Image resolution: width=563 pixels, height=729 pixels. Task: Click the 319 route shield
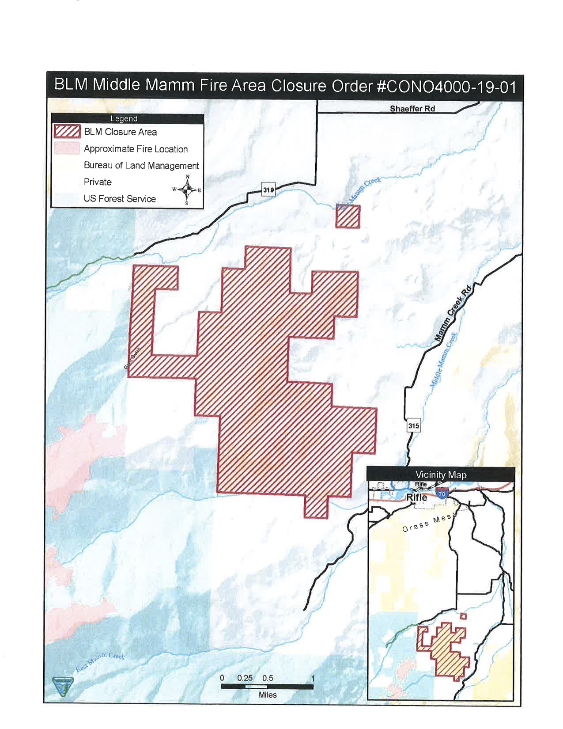coord(268,190)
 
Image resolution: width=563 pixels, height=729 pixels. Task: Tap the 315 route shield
coord(413,426)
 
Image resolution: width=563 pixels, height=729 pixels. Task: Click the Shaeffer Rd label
coord(412,109)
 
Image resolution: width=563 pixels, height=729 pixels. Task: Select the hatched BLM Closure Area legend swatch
coord(67,132)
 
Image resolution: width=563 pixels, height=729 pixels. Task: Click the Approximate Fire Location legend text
coord(136,149)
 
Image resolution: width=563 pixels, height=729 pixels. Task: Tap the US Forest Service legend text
coord(120,199)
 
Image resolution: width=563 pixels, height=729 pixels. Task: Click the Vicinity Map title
coord(440,475)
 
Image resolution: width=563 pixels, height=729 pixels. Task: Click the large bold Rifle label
coord(416,497)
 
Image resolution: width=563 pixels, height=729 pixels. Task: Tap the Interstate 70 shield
coord(441,494)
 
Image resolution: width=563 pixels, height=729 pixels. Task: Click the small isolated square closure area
coord(348,216)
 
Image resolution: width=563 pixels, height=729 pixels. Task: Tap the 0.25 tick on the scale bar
coord(245,678)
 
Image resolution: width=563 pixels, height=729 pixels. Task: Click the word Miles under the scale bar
coord(267,695)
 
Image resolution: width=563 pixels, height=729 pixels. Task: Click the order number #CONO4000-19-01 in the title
coord(446,86)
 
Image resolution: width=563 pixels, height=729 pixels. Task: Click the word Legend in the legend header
coord(124,118)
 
